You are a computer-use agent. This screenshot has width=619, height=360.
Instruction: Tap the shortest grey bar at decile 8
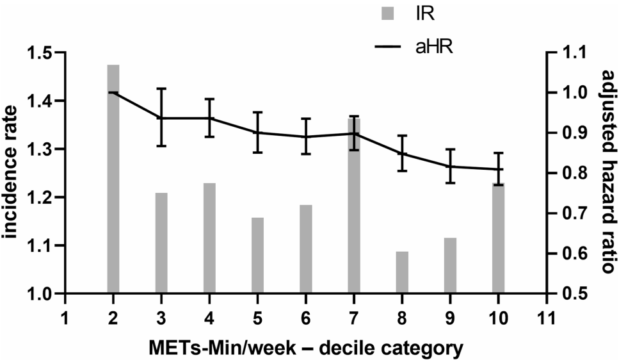coord(402,273)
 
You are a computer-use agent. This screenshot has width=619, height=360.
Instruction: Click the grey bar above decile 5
coord(257,256)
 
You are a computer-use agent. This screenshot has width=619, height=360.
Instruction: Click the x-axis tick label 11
coord(546,318)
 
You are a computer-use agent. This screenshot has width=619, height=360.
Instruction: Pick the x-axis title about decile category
coord(306,348)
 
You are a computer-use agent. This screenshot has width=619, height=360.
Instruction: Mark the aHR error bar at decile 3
coord(161,118)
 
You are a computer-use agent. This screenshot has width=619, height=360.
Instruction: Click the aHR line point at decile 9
coord(450,167)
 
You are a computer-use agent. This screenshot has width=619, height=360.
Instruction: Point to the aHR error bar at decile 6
coord(306,136)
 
